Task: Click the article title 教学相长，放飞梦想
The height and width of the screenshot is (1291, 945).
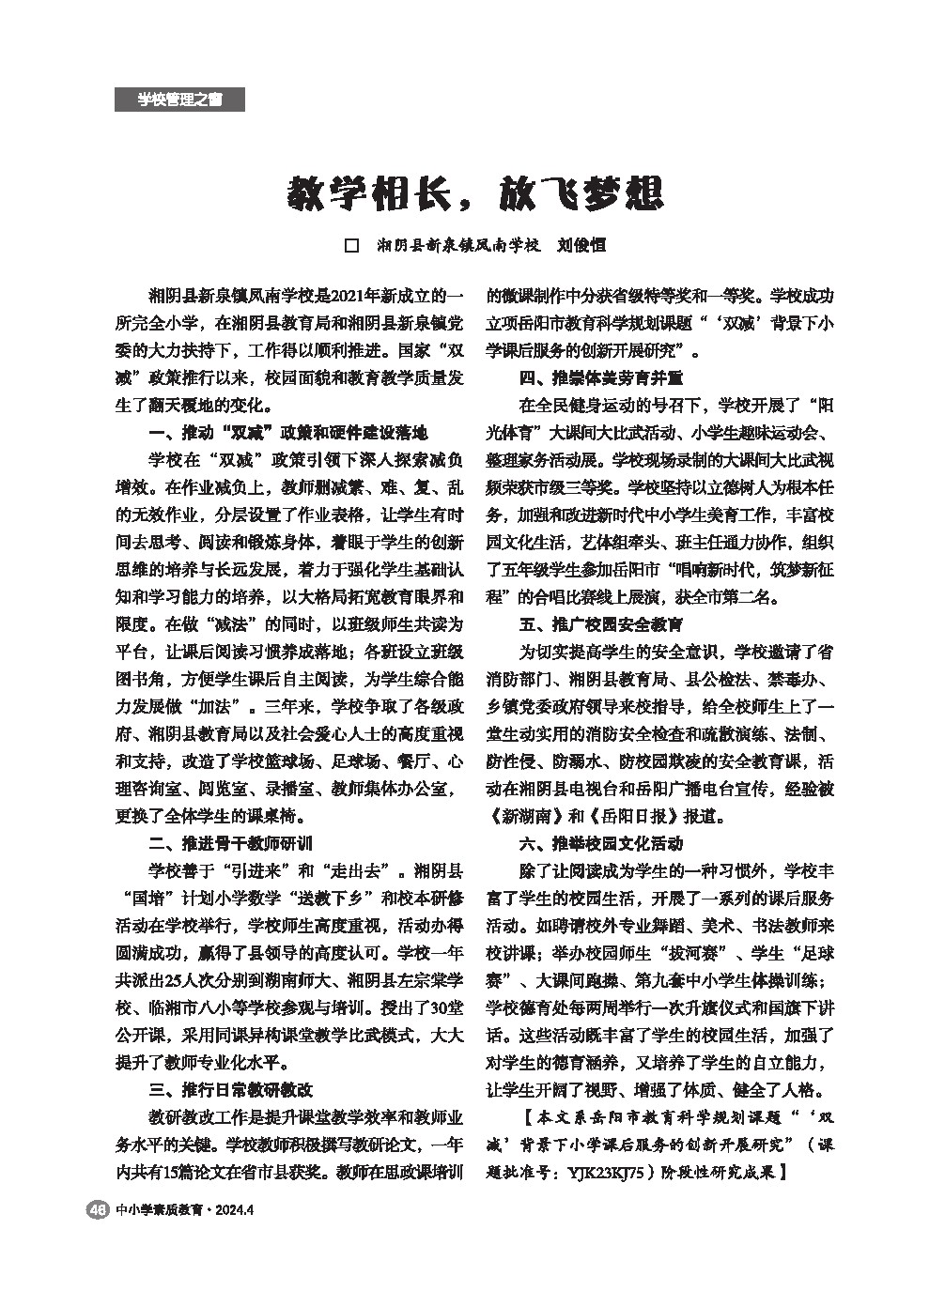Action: (x=475, y=192)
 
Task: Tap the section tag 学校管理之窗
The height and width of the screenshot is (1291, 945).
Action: (x=179, y=100)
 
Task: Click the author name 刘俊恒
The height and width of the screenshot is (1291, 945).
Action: (x=581, y=246)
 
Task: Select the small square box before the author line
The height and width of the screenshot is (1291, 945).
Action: (x=353, y=246)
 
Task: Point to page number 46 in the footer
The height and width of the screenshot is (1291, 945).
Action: (x=96, y=1210)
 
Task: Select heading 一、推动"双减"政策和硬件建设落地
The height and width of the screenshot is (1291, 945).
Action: (x=288, y=434)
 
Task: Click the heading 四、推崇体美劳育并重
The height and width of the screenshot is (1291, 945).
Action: (x=601, y=379)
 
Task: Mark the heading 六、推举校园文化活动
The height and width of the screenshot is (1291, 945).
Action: (x=601, y=843)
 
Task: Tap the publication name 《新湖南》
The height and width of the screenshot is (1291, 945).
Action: (x=528, y=816)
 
